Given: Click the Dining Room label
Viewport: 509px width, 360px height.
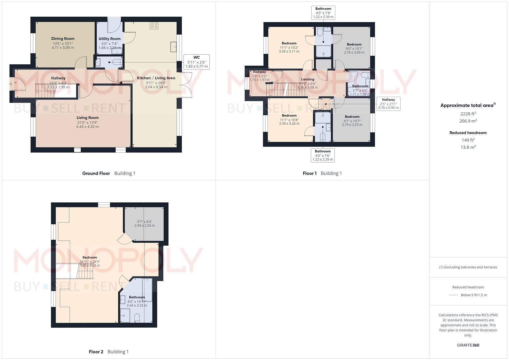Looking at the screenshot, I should [x=63, y=39].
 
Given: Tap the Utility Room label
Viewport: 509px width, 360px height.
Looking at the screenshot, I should [x=109, y=39].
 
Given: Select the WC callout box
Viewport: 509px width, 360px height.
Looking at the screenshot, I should [x=196, y=62].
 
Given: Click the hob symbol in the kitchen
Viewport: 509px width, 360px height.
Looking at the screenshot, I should [x=154, y=26].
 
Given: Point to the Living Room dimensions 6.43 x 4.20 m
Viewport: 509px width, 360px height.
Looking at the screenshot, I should [x=87, y=127].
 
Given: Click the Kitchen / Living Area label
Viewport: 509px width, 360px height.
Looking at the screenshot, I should [x=156, y=78].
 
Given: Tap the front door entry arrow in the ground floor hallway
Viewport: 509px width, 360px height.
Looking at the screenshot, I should [x=11, y=84].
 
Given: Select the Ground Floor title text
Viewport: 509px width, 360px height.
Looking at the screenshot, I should [x=96, y=173].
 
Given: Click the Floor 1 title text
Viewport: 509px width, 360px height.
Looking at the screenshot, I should [x=310, y=173].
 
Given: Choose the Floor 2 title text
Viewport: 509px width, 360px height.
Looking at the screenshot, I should [x=96, y=352].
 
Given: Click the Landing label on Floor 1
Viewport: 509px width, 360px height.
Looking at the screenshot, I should [x=307, y=79].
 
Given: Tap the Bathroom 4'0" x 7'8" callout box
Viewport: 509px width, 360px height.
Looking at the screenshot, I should [x=323, y=13].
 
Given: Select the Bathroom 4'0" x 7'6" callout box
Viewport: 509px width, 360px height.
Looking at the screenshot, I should [x=322, y=155].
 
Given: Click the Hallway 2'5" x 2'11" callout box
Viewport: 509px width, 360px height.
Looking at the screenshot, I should [x=388, y=104].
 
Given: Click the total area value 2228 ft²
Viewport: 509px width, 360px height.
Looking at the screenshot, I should [x=468, y=114].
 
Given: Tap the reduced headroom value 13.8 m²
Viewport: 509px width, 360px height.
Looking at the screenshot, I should [x=468, y=147].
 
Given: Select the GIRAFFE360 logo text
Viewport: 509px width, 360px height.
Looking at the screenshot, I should [x=468, y=345].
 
